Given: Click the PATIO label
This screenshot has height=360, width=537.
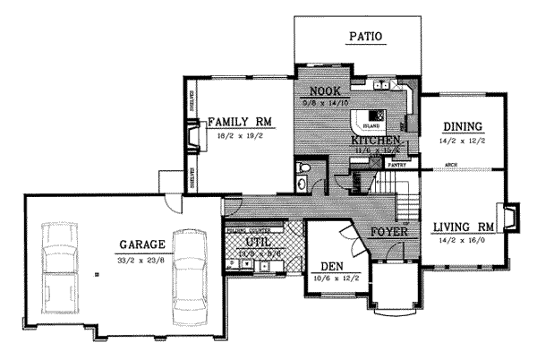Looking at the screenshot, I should [364, 37].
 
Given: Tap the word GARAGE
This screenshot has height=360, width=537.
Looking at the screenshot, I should [141, 244].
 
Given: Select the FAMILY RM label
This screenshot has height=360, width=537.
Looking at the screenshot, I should [238, 122].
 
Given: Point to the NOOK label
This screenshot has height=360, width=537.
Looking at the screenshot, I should [324, 91].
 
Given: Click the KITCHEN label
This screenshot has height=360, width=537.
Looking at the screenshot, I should [374, 141].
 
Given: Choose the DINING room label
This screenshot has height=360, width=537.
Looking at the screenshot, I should [462, 126].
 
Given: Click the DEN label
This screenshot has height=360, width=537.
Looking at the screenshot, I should [332, 267].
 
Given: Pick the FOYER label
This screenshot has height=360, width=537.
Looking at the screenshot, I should [388, 231].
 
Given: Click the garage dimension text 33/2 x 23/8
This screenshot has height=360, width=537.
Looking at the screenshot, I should [142, 260].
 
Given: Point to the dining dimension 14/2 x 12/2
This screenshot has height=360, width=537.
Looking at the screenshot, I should [462, 141].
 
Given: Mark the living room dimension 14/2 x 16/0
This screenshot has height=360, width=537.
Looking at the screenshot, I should [462, 240].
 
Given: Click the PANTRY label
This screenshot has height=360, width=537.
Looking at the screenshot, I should [399, 165].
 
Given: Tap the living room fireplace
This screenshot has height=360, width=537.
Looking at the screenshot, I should [509, 218].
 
